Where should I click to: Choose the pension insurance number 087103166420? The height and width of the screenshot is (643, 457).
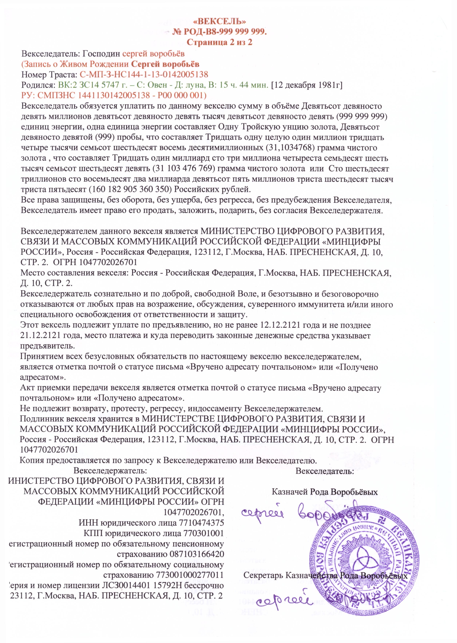(x=197, y=554)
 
